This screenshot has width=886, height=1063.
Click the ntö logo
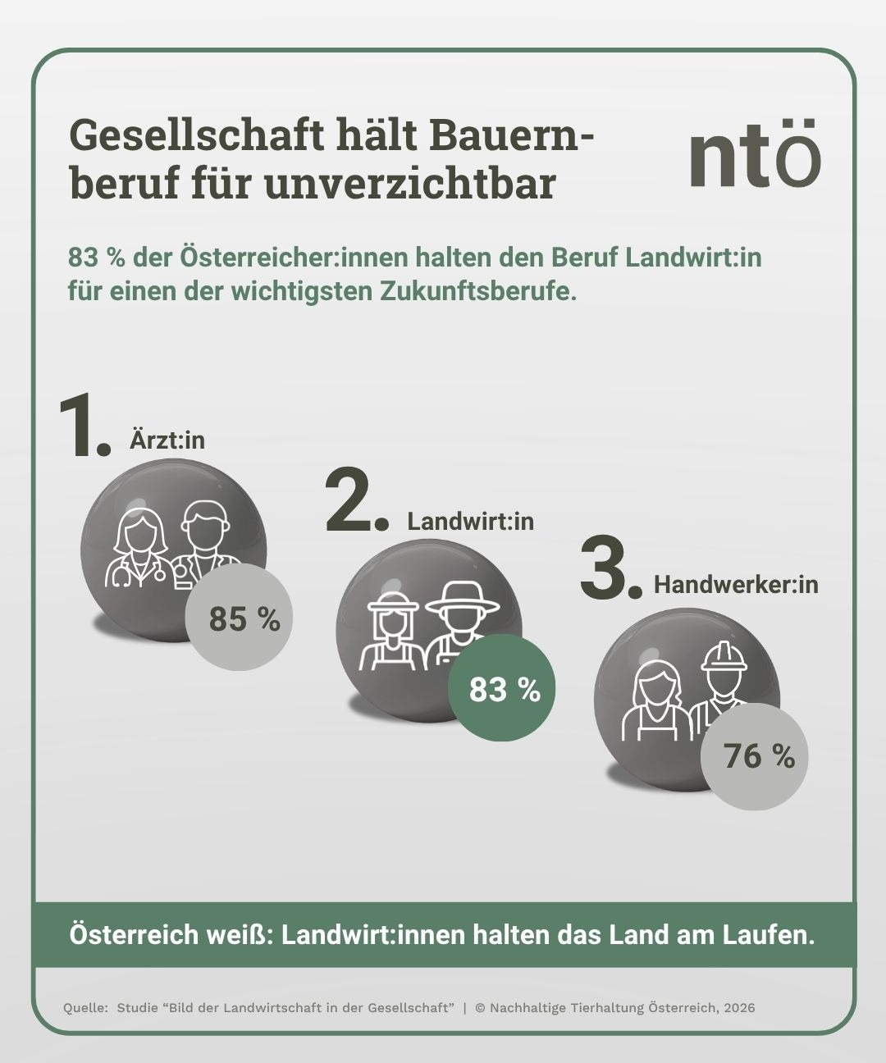point(754,153)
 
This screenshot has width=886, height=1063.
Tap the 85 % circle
point(239,618)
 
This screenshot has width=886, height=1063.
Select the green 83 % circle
point(502,689)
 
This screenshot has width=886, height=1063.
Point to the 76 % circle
point(756,755)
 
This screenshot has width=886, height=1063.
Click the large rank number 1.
point(82,427)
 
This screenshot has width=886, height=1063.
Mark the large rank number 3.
point(608,568)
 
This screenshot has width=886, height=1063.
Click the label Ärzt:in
point(167,440)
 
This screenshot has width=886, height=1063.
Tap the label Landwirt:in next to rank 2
point(470,521)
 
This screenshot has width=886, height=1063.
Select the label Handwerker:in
point(736,585)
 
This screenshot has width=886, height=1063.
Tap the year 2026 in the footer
point(738,1007)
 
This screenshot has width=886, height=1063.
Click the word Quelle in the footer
point(85,1007)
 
